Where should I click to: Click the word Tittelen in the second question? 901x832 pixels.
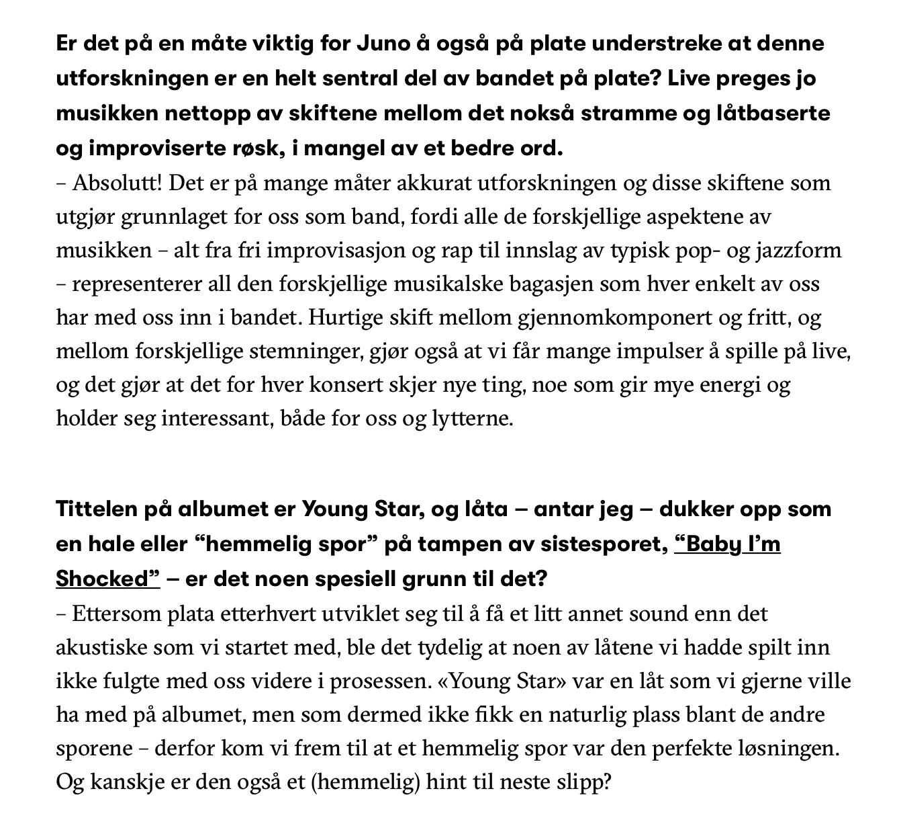[x=96, y=509]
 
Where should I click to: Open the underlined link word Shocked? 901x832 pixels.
[x=107, y=579]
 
